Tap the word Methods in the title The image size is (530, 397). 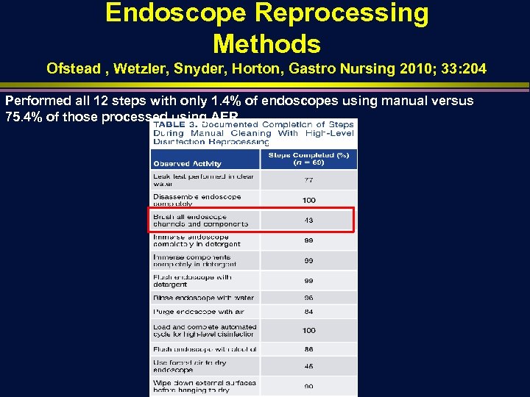(x=266, y=44)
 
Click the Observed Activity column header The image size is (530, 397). (x=187, y=164)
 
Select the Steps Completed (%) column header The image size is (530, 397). (x=308, y=159)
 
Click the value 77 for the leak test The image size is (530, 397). (x=308, y=179)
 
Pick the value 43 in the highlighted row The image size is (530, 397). (x=308, y=220)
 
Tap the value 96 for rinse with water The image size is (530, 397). (x=308, y=298)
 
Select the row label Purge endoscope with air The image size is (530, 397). (x=198, y=312)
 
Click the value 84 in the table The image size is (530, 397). (x=308, y=312)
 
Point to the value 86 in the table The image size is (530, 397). (x=308, y=349)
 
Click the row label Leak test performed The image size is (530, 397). (x=202, y=180)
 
